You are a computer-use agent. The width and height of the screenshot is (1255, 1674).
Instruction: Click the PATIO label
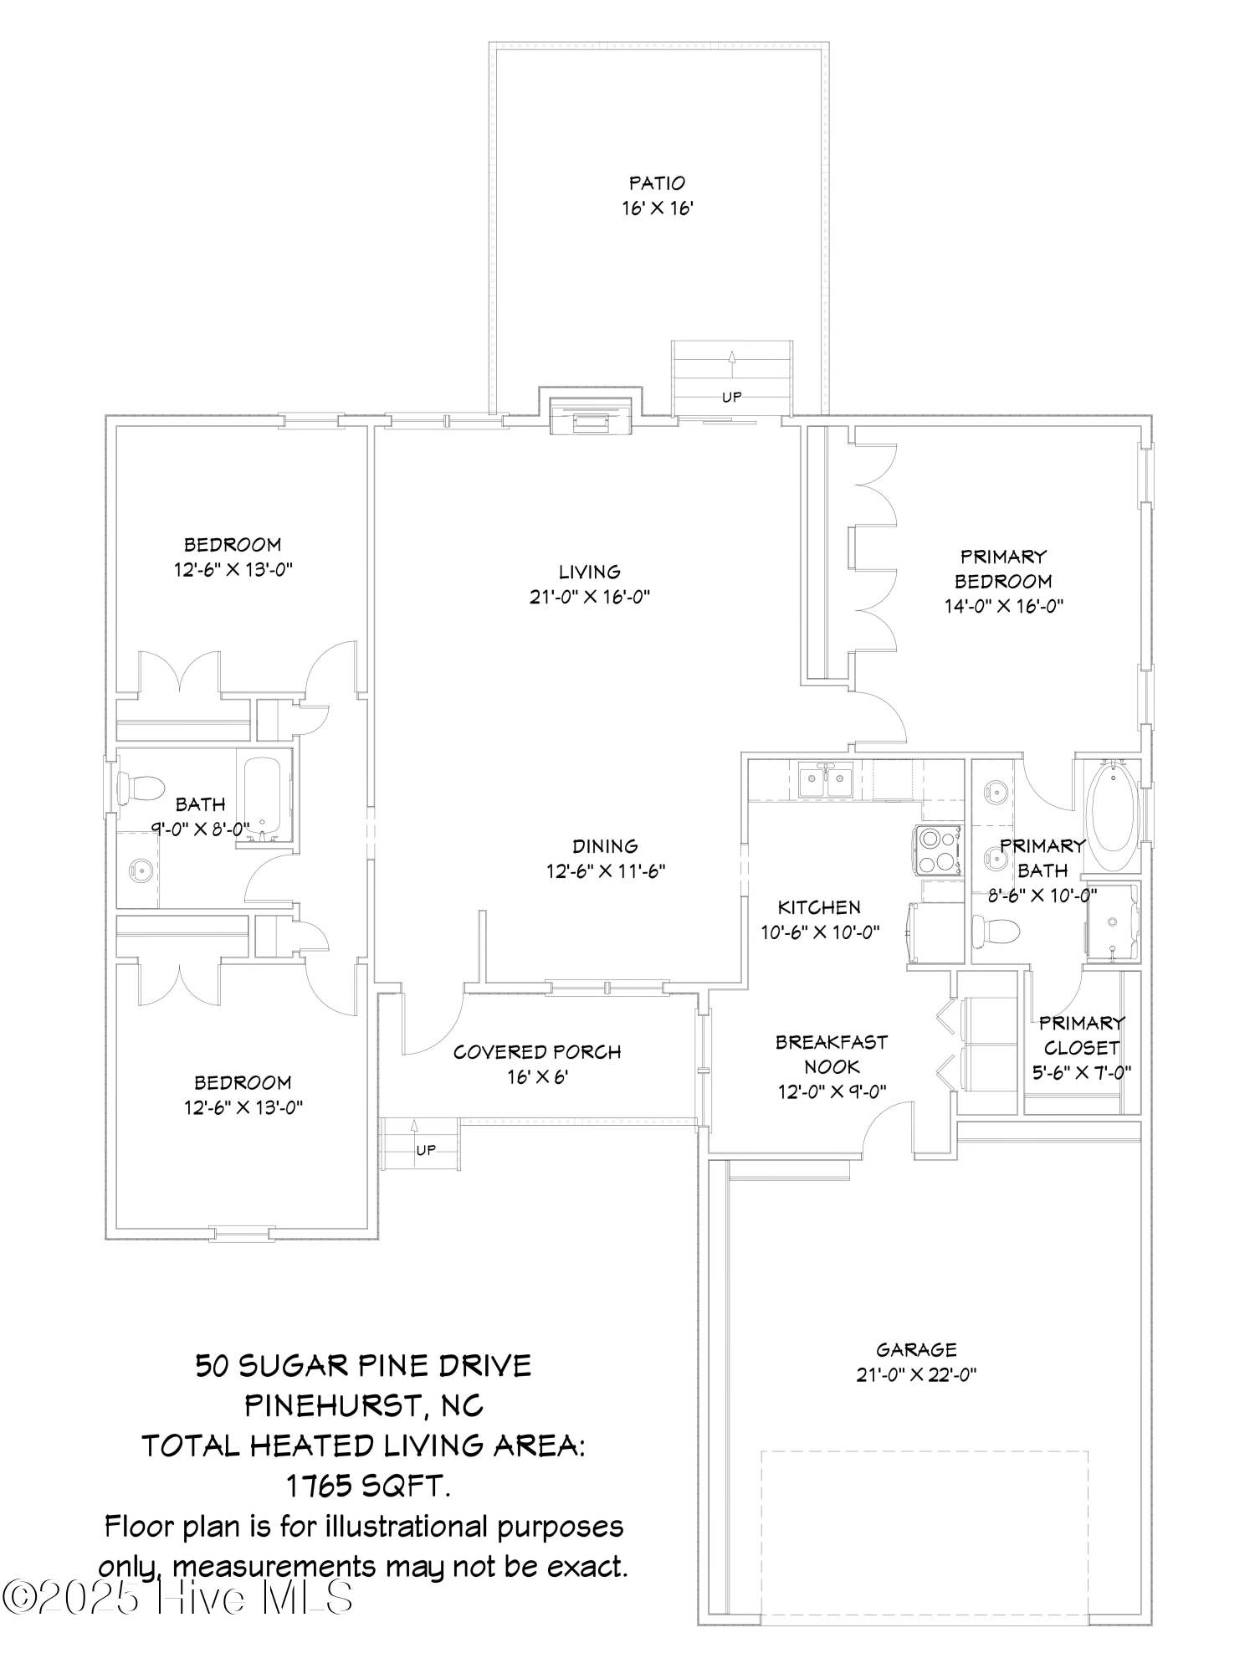[x=657, y=182]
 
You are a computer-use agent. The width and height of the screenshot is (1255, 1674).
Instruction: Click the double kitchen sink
[x=825, y=783]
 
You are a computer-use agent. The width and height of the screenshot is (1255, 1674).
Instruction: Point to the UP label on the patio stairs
[x=731, y=397]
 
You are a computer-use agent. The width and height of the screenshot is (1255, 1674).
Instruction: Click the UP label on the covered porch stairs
[x=426, y=1150]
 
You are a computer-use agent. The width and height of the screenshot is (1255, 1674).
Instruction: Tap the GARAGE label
[x=916, y=1349]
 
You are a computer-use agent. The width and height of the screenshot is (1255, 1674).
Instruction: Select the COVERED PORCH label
[x=537, y=1052]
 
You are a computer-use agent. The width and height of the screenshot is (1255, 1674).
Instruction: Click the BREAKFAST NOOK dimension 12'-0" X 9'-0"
[x=832, y=1091]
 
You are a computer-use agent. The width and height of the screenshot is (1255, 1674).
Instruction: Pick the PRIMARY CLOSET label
[x=1081, y=1035]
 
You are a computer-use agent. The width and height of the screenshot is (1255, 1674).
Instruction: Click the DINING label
[x=605, y=846]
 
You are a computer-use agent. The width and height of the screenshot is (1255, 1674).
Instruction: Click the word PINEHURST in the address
[x=335, y=1405]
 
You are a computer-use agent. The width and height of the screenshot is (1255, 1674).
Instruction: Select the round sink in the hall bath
[x=140, y=870]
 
